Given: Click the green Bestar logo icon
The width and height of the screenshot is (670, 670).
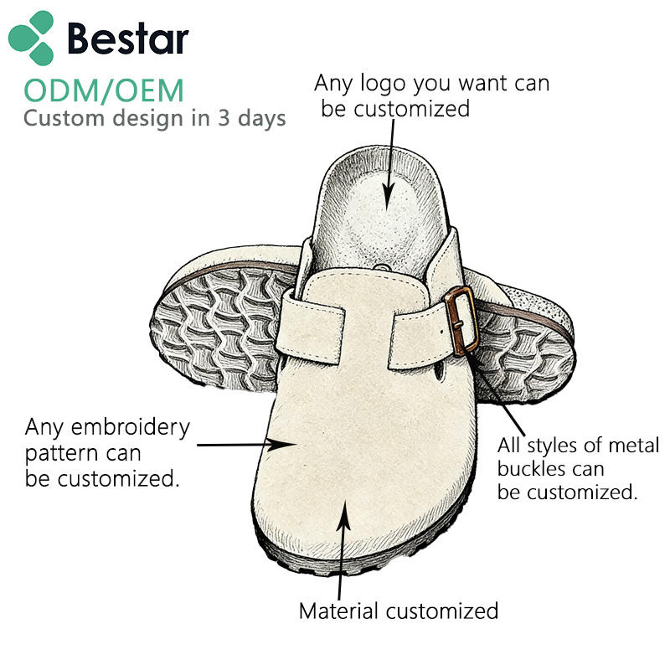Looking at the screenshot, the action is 31,38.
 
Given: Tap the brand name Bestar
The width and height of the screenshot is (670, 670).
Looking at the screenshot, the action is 128,39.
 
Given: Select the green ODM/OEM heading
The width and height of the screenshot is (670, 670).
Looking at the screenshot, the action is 104,90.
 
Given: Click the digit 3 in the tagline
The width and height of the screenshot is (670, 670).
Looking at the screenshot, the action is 224,118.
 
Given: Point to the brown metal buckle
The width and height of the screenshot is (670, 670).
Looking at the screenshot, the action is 461,321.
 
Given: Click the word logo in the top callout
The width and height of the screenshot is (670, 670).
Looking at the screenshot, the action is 383,84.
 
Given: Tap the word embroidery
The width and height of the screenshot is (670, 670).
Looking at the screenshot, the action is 131,428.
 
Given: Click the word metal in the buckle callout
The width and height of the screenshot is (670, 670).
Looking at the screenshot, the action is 634,446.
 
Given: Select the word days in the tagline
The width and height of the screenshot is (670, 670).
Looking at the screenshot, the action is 261,118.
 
